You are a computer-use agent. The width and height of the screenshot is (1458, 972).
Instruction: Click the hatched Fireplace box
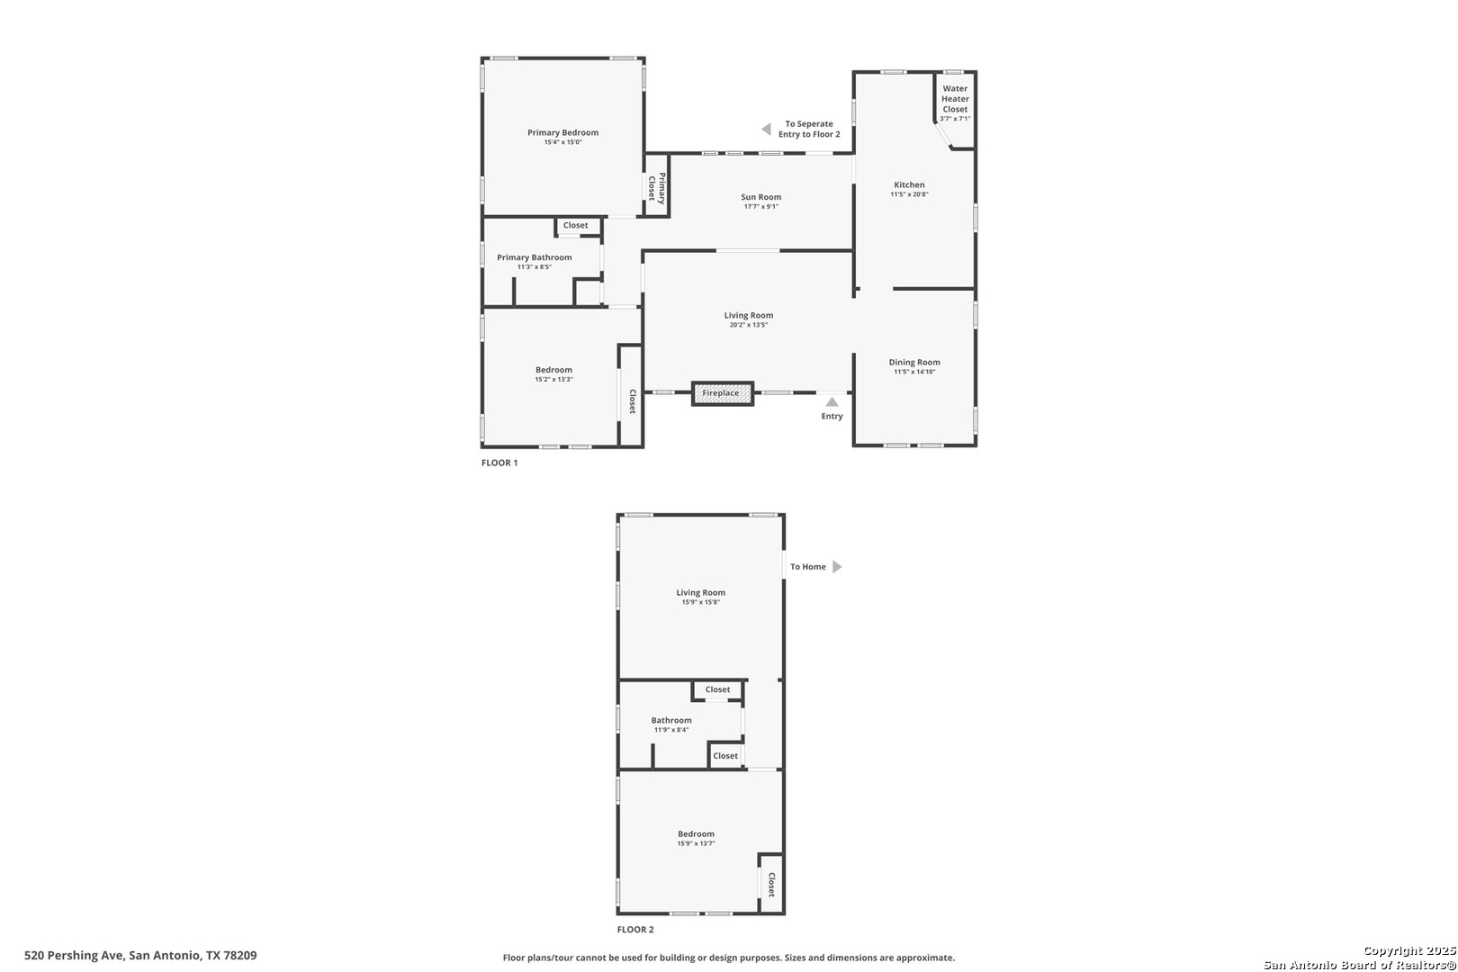click(723, 393)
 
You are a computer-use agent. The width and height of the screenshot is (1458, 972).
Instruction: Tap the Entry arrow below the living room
click(832, 401)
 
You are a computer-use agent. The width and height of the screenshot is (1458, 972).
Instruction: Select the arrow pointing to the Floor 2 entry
click(766, 129)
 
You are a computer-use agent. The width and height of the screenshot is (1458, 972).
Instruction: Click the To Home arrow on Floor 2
click(837, 566)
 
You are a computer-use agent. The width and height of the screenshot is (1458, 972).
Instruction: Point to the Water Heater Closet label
click(955, 99)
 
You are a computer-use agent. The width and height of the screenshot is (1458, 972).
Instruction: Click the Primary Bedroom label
click(563, 133)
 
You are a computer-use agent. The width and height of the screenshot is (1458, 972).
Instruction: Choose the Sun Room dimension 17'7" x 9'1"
click(760, 206)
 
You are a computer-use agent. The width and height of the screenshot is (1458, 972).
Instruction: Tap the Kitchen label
click(909, 184)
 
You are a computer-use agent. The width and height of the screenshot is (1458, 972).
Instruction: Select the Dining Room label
click(914, 362)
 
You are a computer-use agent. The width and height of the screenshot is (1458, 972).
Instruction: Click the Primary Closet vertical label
click(657, 187)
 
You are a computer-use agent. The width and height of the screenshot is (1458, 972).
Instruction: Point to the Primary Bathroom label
click(535, 257)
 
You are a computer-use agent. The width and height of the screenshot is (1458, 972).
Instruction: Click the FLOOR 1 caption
click(499, 463)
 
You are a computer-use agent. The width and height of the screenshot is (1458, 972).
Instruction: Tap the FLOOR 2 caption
click(635, 930)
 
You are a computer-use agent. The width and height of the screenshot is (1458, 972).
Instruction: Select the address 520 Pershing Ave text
click(74, 955)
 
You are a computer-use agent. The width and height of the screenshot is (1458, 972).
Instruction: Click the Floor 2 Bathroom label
click(671, 720)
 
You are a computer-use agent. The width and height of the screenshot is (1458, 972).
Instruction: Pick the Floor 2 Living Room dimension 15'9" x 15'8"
click(700, 602)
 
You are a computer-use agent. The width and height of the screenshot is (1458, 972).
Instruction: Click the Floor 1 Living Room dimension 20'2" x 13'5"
click(749, 325)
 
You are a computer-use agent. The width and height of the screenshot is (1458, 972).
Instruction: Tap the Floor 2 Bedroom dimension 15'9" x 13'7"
click(696, 843)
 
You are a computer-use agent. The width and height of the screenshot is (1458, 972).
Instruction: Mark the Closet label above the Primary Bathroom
click(575, 225)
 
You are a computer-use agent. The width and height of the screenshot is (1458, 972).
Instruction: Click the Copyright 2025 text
click(1409, 950)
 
